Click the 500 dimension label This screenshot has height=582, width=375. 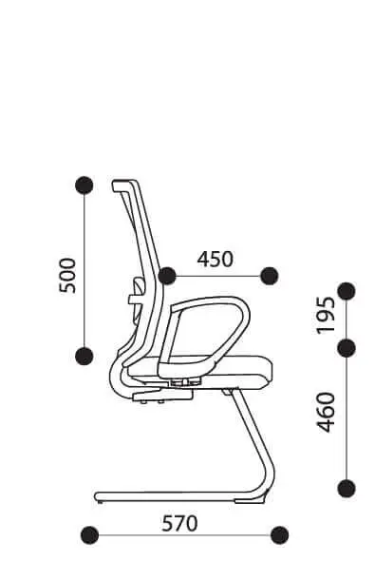[x=67, y=276]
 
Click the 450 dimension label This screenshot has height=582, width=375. [x=215, y=259]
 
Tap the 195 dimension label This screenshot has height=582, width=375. [x=326, y=315]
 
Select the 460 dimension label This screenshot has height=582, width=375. [x=326, y=412]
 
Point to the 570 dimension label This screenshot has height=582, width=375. [x=179, y=524]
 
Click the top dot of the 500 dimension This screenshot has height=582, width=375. [x=84, y=184]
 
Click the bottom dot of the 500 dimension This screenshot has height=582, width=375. [x=84, y=357]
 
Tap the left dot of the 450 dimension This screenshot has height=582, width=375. [x=167, y=276]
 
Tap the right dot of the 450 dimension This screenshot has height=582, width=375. [x=270, y=276]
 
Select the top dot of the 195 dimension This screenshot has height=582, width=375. [x=347, y=291]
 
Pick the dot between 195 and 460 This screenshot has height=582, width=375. [x=347, y=348]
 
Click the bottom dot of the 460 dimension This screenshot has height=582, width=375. [x=347, y=488]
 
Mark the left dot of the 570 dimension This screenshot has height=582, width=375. [x=89, y=535]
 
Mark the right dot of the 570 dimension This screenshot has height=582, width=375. [x=280, y=535]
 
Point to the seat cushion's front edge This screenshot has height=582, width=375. [x=270, y=371]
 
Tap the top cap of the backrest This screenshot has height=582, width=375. [x=125, y=184]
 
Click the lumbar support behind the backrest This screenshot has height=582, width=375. [x=137, y=297]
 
